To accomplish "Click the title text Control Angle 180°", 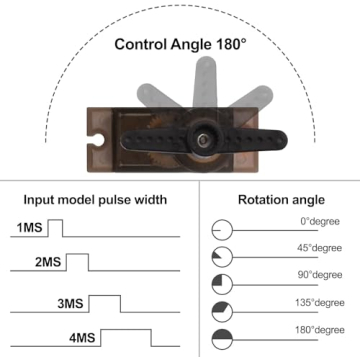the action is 181,44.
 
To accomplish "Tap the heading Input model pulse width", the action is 95,200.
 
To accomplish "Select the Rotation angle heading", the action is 281,200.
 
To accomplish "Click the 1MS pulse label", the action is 30,228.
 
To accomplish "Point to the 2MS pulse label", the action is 48,262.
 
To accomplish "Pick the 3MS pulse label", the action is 70,304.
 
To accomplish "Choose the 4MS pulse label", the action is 82,338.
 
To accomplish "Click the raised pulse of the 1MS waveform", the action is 56,228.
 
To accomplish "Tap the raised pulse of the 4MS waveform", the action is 126,338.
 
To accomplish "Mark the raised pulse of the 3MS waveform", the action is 105,303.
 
